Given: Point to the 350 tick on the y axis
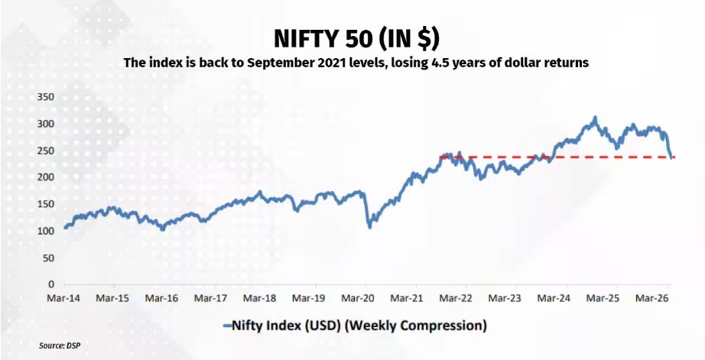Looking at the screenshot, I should pos(45,97).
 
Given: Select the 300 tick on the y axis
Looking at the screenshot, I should pos(45,124).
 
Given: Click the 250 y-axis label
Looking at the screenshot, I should pos(45,151).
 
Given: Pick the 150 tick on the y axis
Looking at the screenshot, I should pos(45,204).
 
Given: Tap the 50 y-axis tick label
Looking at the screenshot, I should pos(47,258).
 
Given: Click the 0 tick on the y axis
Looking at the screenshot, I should pos(50,284).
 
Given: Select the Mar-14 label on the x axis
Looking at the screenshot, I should pos(63,297).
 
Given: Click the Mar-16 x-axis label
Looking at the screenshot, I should pos(162,297).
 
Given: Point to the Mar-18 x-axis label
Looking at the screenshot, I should pos(261,297).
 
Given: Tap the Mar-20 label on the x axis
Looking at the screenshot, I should pos(359,297).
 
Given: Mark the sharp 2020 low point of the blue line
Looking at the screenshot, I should pos(370,227).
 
